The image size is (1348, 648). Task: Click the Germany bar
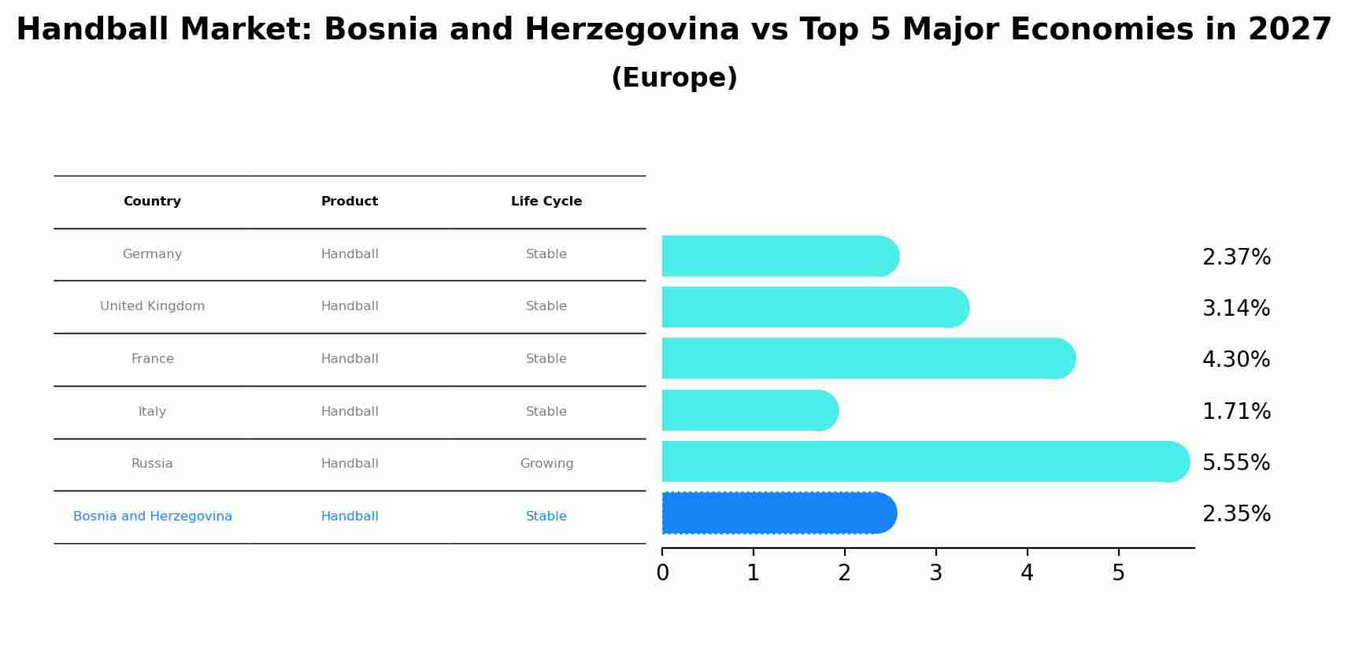pos(780,256)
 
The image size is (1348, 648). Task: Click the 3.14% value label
pos(1235,309)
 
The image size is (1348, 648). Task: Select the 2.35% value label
pos(1235,514)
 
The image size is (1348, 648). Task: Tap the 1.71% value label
pos(1235,411)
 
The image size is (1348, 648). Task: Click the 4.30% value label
pos(1235,360)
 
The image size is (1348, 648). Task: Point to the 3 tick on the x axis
pos(935,573)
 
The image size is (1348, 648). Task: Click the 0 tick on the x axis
pos(662,573)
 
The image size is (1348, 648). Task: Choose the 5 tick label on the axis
pos(1118,573)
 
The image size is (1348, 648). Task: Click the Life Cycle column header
pos(546,202)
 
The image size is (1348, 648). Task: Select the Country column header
pos(152,202)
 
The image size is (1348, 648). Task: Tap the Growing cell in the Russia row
pos(546,464)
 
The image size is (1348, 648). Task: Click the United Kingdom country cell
pos(152,306)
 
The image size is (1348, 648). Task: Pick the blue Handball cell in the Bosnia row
pos(350,517)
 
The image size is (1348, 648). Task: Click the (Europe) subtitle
pos(674,78)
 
